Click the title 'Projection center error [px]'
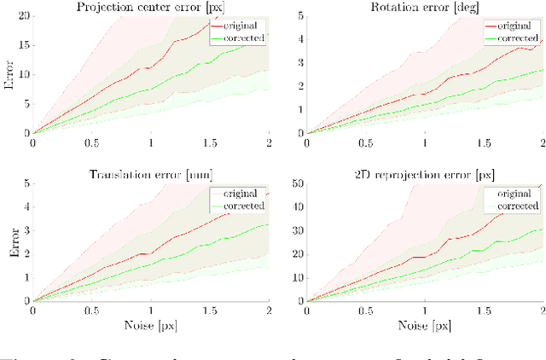(151, 7)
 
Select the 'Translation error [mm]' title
(151, 175)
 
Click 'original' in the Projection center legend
(247, 26)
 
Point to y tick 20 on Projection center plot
(23, 16)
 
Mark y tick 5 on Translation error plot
(26, 184)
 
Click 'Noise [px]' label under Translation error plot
(151, 325)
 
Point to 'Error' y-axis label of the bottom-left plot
(7, 242)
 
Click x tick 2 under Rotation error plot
(543, 142)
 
